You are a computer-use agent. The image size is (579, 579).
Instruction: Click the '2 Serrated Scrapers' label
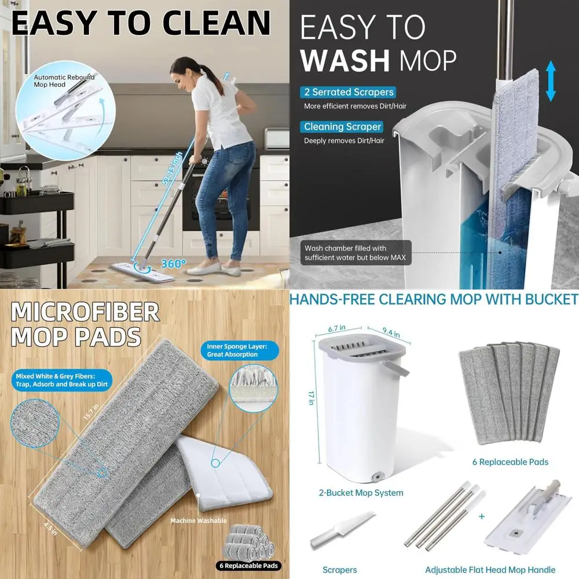tap(348, 92)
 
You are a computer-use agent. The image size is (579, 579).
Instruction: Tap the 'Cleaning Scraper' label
tap(342, 127)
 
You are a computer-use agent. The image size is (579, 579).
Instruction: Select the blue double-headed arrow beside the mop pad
tap(550, 82)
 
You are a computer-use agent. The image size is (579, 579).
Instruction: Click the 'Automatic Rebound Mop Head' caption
tap(64, 80)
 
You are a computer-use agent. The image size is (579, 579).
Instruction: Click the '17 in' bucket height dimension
tap(310, 399)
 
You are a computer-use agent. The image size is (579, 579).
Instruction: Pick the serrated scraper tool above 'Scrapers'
tap(342, 530)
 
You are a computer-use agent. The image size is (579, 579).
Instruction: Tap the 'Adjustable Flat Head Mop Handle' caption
tap(490, 570)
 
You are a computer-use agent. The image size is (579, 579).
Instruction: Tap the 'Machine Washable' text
tap(198, 521)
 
